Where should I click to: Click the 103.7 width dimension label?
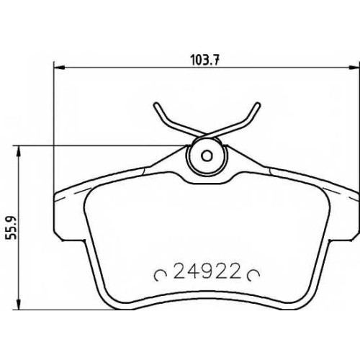(x=204, y=60)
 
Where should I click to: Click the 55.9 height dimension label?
(x=11, y=228)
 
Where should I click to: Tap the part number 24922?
(x=207, y=271)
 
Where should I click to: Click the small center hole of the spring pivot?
(x=207, y=156)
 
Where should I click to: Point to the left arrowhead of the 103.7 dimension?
(x=59, y=68)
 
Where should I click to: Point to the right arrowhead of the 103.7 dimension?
(x=354, y=68)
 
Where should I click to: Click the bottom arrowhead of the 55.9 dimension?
(x=19, y=304)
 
